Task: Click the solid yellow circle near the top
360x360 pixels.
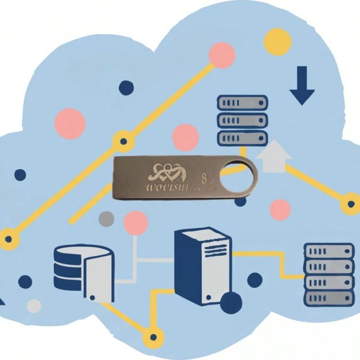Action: (x=278, y=42)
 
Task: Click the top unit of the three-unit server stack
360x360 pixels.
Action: (x=242, y=103)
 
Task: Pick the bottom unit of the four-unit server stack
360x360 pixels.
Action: (x=329, y=298)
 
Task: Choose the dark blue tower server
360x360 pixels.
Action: (x=202, y=266)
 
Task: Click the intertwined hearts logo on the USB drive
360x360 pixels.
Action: (x=165, y=172)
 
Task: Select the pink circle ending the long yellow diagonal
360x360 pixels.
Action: (x=222, y=55)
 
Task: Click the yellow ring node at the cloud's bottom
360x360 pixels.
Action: (x=153, y=337)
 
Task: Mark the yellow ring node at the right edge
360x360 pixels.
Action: (x=351, y=204)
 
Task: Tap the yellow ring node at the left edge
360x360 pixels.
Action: (x=9, y=239)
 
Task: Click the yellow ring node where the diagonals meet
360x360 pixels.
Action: (x=124, y=141)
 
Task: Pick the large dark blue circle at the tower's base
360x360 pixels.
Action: (x=231, y=303)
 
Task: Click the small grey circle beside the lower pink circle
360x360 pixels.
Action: (x=106, y=218)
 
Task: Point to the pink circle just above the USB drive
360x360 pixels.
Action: (x=185, y=137)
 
